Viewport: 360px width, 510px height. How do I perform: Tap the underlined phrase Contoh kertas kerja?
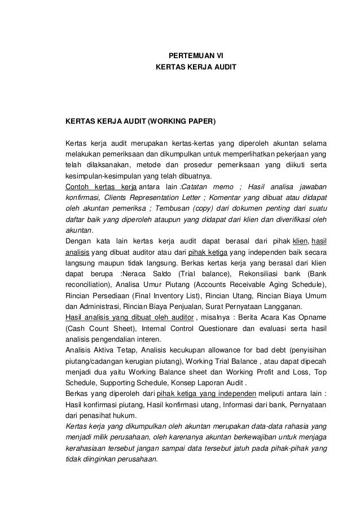coord(102,187)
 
